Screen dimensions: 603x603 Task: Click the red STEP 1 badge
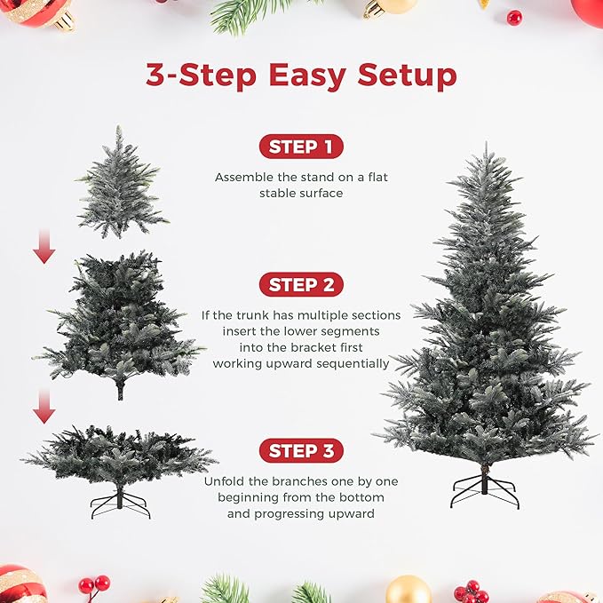click(301, 147)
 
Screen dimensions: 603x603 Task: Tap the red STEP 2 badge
click(301, 285)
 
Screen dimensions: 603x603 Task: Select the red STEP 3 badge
click(301, 451)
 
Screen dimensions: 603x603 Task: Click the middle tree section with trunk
click(120, 324)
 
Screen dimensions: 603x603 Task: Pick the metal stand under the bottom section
click(120, 503)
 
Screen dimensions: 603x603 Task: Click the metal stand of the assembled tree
click(484, 490)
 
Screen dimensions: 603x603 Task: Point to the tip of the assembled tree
click(486, 149)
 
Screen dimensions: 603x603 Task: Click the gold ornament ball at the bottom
click(409, 590)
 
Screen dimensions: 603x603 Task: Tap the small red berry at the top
click(514, 17)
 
